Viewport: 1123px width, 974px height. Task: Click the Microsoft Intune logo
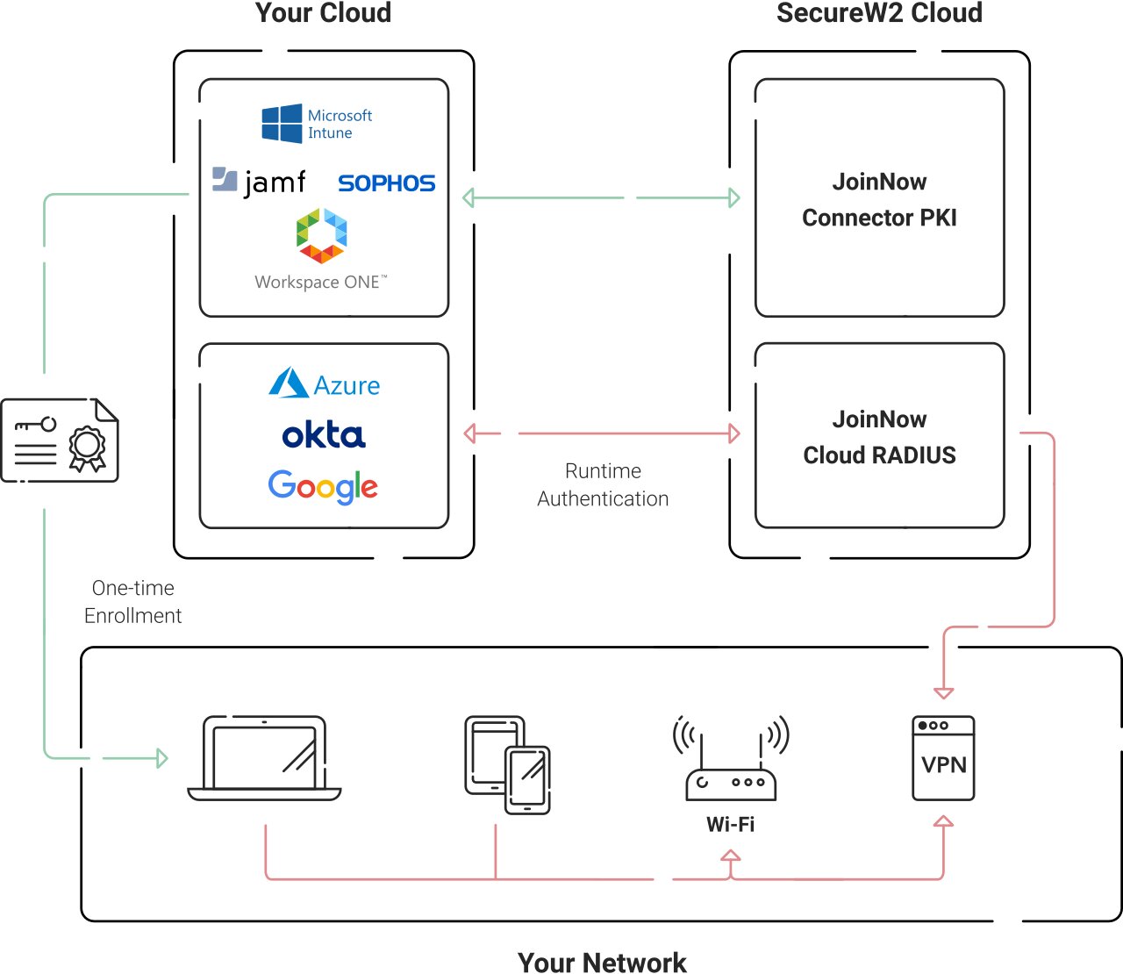(x=317, y=124)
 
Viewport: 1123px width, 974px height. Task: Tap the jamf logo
(x=260, y=181)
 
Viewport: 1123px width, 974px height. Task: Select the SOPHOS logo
(x=386, y=183)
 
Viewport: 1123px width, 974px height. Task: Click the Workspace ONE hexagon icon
(x=321, y=235)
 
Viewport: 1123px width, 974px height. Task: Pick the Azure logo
(x=324, y=384)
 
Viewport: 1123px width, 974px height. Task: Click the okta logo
(x=324, y=435)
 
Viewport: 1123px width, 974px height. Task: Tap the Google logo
(x=323, y=486)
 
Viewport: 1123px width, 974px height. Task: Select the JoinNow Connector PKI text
(x=879, y=199)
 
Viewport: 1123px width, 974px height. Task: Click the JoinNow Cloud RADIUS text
(x=879, y=437)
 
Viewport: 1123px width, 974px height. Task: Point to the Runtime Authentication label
(x=603, y=484)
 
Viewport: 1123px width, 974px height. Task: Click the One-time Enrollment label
(x=133, y=601)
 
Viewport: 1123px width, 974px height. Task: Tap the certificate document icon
(x=60, y=440)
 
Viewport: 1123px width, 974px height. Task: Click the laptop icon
(x=264, y=758)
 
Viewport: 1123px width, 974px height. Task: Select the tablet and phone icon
(x=507, y=764)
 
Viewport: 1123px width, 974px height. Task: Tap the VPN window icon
(x=943, y=758)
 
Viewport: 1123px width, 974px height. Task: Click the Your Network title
(x=602, y=962)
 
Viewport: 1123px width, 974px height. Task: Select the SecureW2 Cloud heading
(x=879, y=13)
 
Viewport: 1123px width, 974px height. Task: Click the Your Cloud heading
(x=323, y=13)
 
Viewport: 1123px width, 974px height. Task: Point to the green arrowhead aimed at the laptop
(x=162, y=758)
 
